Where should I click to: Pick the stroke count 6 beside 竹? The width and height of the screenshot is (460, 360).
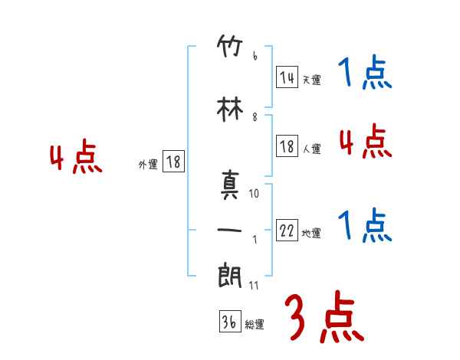255,57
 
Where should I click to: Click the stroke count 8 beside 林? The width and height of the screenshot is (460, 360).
255,117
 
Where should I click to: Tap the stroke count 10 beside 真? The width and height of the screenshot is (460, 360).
255,194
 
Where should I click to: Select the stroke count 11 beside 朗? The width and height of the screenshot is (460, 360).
255,285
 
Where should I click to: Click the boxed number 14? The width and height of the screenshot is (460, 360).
287,77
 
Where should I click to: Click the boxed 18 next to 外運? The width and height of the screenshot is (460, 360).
173,162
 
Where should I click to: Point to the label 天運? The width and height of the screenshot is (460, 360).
311,80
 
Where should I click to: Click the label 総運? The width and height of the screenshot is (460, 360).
255,325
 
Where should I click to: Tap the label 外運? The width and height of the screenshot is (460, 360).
148,164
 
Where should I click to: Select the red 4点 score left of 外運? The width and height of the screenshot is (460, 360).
75,159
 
